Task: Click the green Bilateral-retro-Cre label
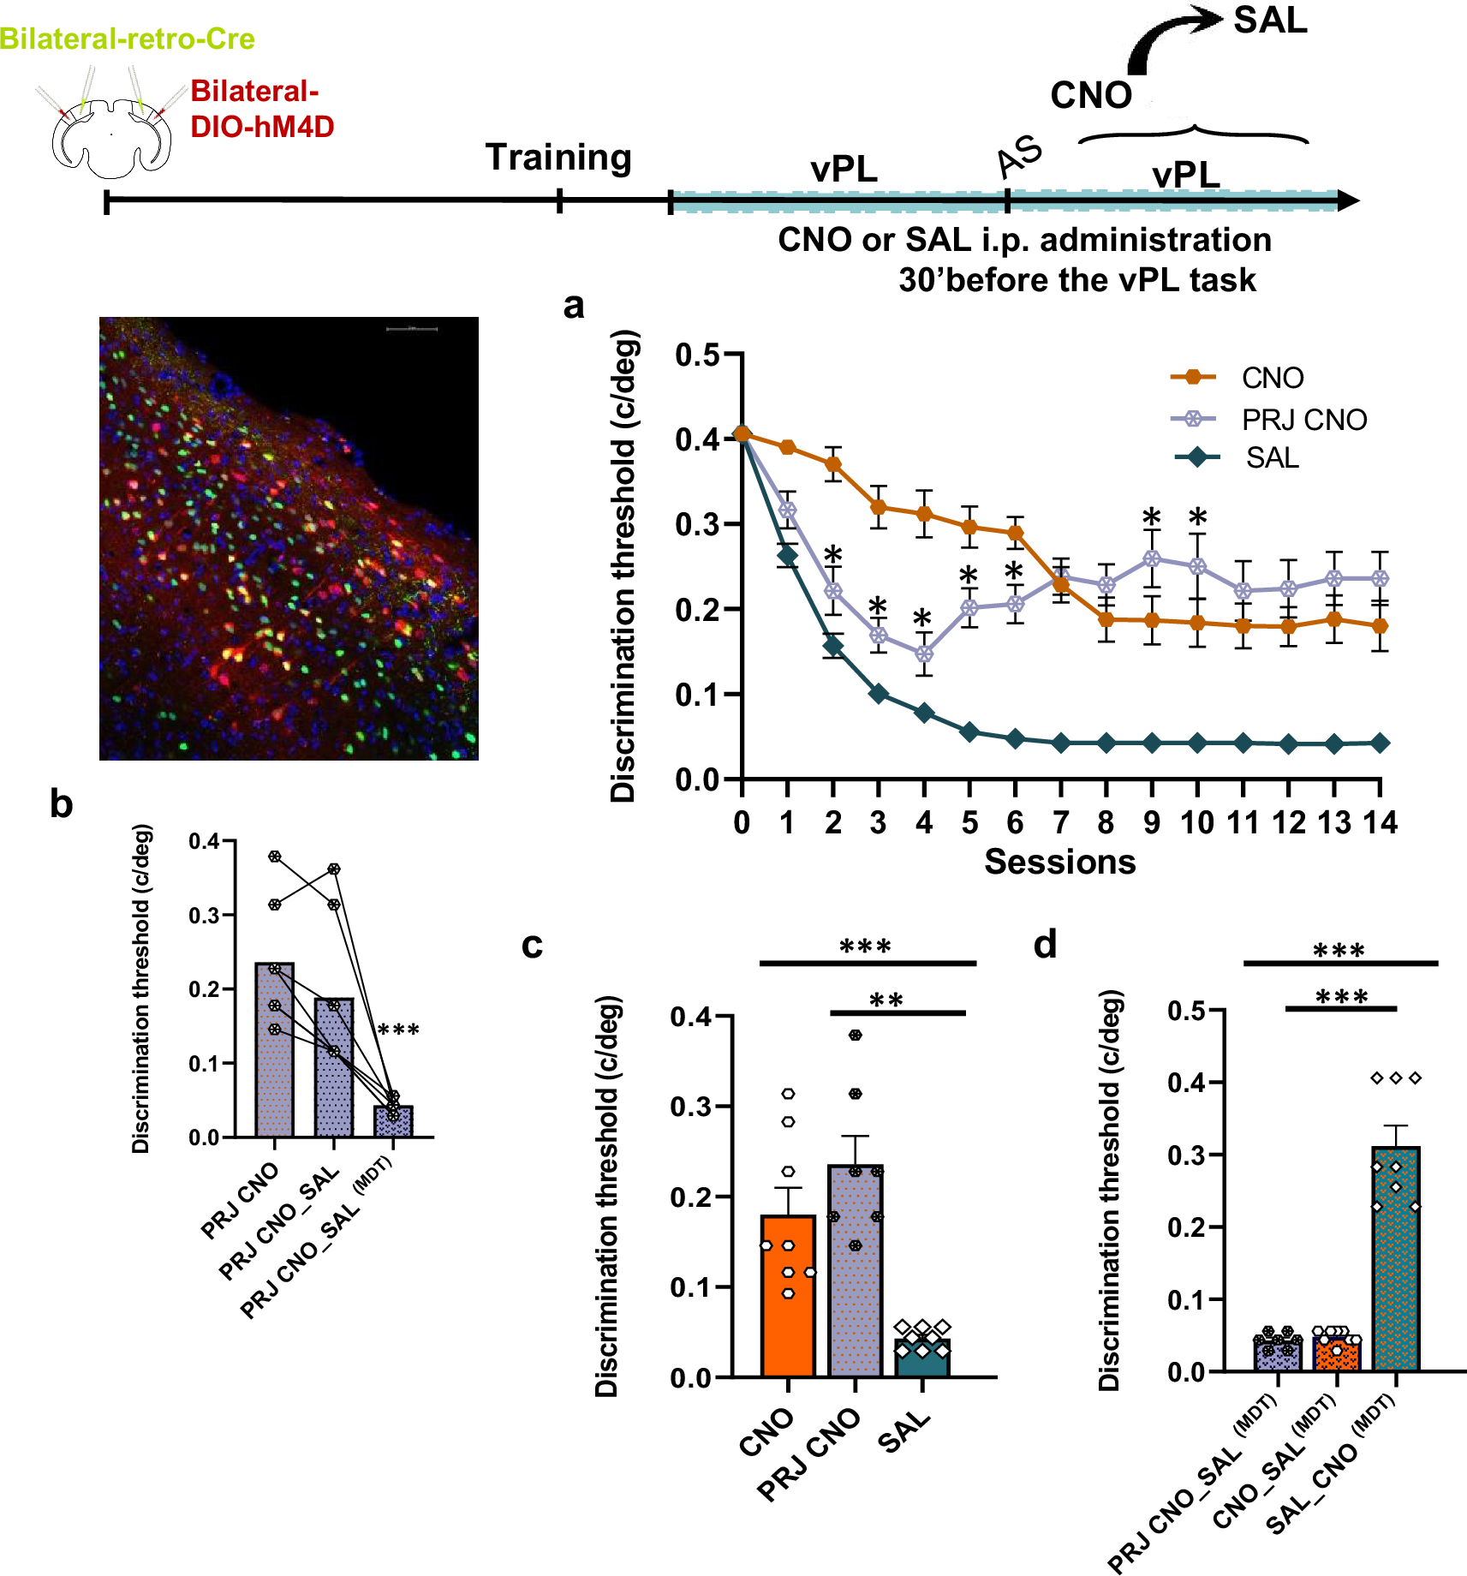pos(127,39)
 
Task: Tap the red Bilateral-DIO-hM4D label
pos(261,109)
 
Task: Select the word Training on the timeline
pos(558,158)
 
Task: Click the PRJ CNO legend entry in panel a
pos(1303,420)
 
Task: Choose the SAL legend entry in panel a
pos(1272,458)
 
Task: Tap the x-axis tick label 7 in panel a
pos(1060,823)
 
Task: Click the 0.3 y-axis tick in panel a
pos(696,524)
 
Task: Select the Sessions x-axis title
pos(1059,862)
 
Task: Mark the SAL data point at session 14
pos(1380,743)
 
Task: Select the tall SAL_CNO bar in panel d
pos(1395,1259)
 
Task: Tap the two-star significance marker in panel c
pos(886,1000)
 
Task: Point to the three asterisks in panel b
pos(398,1030)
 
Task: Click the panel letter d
pos(1045,945)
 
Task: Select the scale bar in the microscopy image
pos(412,329)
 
